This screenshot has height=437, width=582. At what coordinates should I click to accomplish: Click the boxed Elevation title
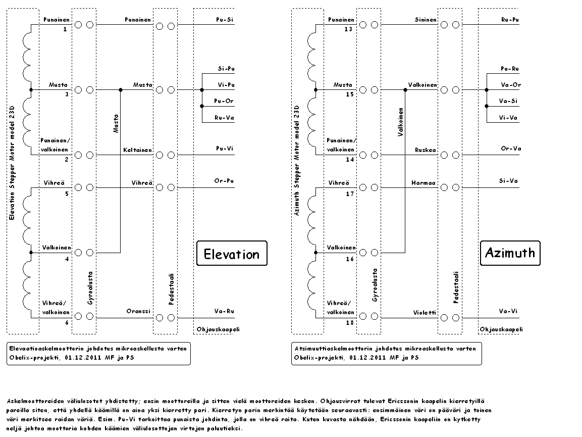pos(232,254)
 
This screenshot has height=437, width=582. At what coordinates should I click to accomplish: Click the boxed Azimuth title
pos(510,253)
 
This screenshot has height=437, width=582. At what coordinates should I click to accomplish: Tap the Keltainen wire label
pos(137,150)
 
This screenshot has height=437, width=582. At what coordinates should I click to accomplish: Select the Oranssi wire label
pos(138,311)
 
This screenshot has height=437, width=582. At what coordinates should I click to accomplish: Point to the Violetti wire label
pos(425,313)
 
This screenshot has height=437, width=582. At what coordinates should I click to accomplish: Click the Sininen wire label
pos(426,20)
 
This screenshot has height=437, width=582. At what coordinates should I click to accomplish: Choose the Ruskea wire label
pos(426,150)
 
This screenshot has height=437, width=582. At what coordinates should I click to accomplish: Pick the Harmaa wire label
pos(423,183)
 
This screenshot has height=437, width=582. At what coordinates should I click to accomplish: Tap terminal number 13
pos(348,29)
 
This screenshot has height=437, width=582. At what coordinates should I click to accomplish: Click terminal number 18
pos(350,322)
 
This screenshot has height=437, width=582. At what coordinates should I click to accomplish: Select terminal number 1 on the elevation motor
pos(65,29)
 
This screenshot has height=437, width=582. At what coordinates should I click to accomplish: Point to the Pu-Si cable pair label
pos(225,20)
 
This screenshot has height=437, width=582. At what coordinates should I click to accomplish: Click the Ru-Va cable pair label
pos(224,118)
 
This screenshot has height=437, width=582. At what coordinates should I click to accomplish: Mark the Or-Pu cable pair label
pos(224,181)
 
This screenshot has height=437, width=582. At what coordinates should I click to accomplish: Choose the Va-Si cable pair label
pos(508,101)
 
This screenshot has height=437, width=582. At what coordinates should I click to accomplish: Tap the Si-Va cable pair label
pos(508,181)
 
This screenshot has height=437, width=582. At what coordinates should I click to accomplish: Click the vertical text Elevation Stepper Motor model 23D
pos(12,163)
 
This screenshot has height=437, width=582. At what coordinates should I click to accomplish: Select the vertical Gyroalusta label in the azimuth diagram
pos(375,285)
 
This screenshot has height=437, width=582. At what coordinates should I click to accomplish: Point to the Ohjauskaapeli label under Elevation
pos(218,329)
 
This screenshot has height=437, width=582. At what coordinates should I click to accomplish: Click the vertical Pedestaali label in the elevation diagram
pos(171,289)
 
